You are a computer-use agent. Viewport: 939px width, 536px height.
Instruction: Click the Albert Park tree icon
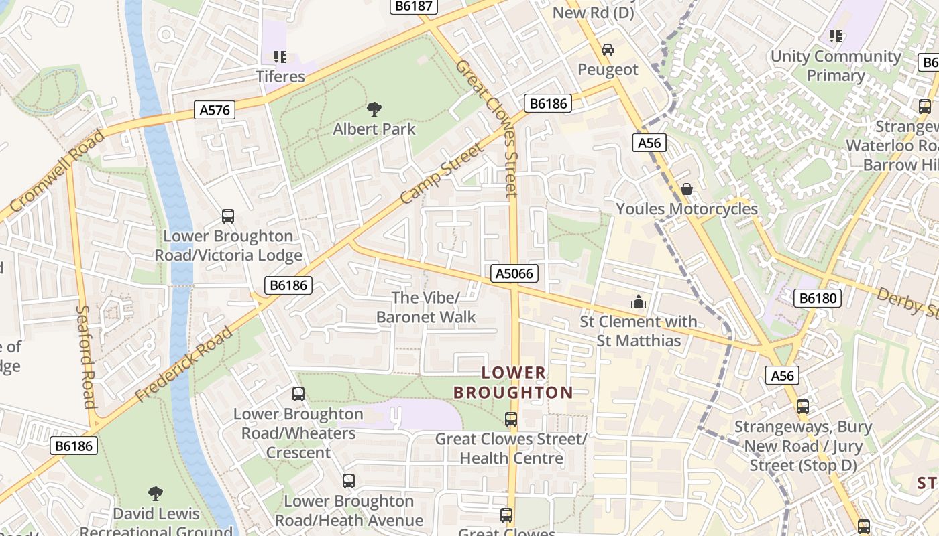(x=374, y=109)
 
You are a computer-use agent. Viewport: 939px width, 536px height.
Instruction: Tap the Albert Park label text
(x=374, y=129)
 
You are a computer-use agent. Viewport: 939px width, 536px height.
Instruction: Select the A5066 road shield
(x=515, y=273)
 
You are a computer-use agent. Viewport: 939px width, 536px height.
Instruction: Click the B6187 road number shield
(x=414, y=6)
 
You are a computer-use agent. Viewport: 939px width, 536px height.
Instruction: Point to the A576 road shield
(x=215, y=110)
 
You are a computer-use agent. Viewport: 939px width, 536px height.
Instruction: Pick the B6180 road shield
(x=817, y=297)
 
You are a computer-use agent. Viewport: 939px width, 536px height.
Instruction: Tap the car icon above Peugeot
(x=607, y=50)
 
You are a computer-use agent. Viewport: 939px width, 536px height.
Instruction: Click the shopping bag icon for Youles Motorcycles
(x=687, y=189)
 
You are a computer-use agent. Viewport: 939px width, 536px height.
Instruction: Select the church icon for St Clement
(x=639, y=301)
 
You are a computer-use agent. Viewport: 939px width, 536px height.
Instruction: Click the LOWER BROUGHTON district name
(x=513, y=383)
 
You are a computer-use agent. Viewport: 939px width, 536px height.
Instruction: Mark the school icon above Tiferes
(x=280, y=57)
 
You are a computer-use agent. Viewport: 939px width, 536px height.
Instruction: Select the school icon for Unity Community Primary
(x=835, y=36)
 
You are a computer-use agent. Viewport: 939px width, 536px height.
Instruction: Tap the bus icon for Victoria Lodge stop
(x=228, y=216)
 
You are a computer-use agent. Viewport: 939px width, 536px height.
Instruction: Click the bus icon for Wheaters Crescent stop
(x=298, y=395)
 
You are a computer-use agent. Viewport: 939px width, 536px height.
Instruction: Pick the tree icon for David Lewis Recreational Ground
(x=156, y=494)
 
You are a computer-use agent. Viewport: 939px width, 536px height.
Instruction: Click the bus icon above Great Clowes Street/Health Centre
(x=511, y=419)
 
